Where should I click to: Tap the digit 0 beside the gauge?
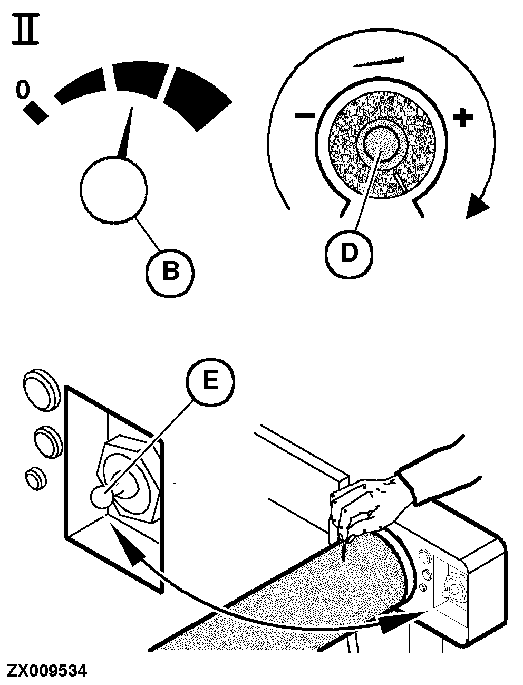pyautogui.click(x=22, y=90)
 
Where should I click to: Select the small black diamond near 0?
pyautogui.click(x=36, y=112)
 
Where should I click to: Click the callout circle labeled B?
pyautogui.click(x=170, y=272)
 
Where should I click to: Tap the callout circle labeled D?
pyautogui.click(x=348, y=253)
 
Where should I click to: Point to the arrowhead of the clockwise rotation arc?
pyautogui.click(x=478, y=206)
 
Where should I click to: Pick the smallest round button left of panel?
pyautogui.click(x=36, y=478)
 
